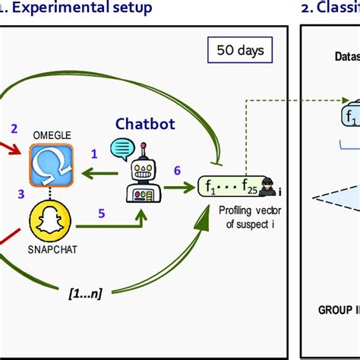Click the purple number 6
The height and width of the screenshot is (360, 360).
coord(178,172)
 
